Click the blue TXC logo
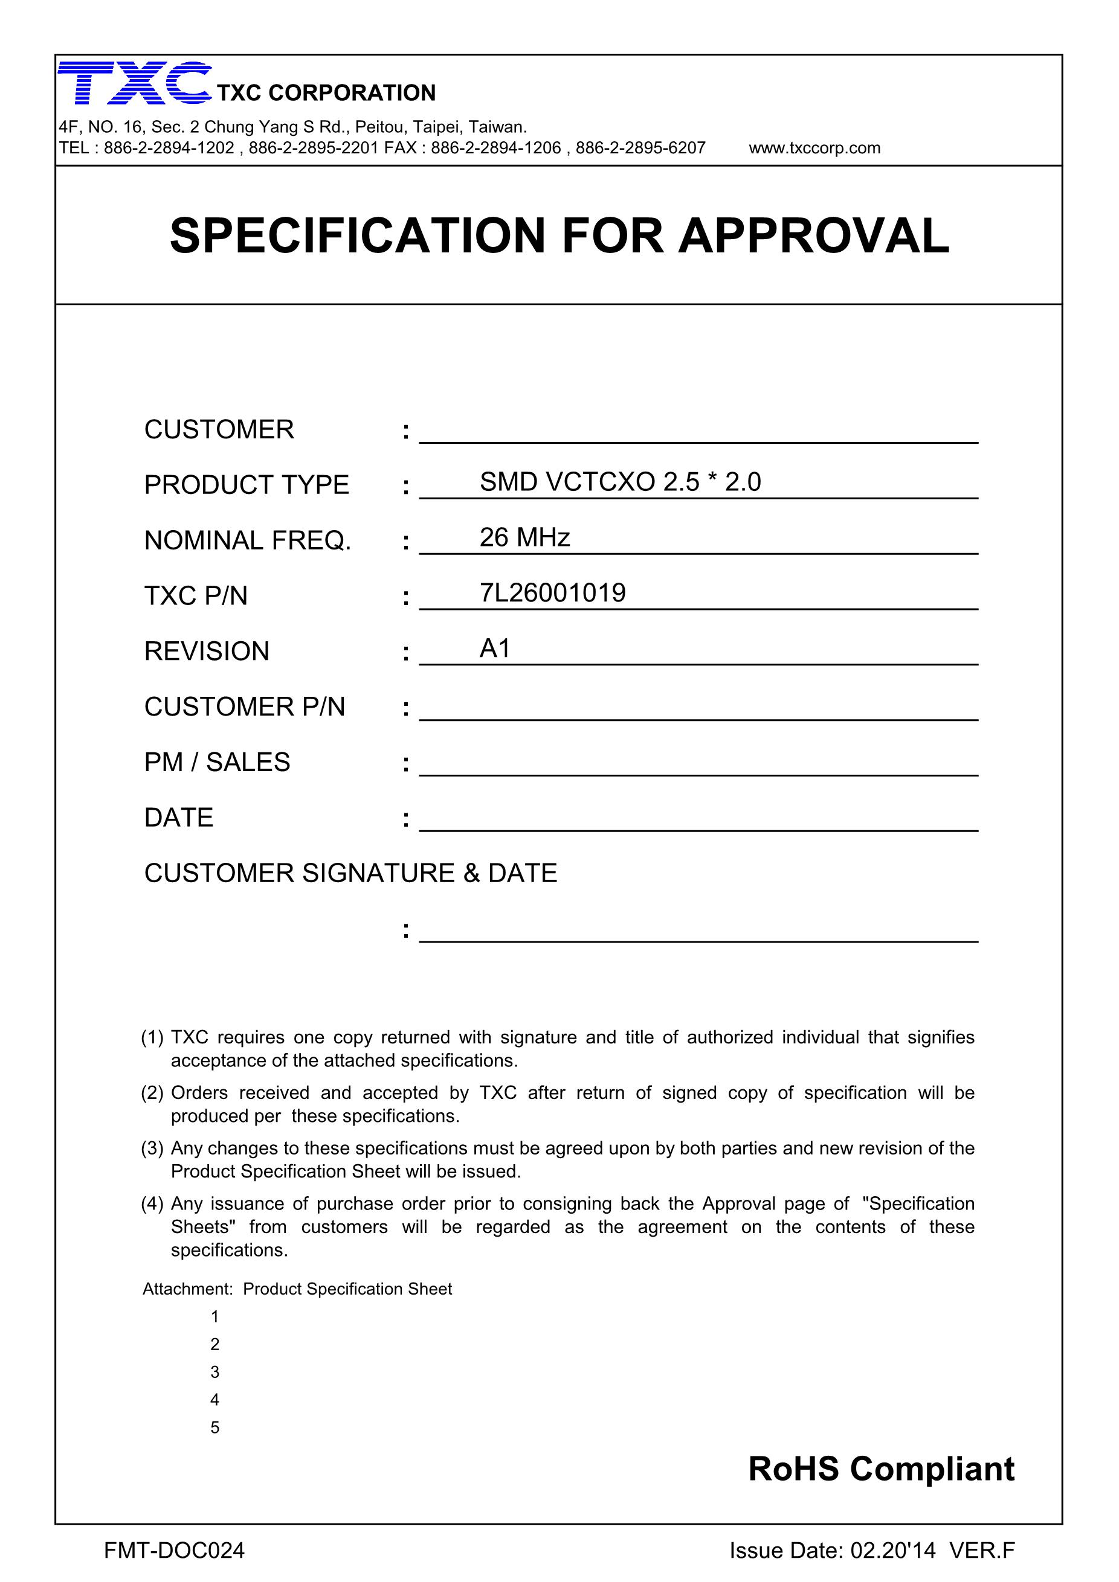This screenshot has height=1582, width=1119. coord(135,83)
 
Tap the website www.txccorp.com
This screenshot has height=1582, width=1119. coord(814,148)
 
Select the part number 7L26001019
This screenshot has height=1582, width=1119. coord(552,593)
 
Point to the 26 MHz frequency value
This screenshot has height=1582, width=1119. coord(524,537)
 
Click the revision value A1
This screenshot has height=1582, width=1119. coord(495,649)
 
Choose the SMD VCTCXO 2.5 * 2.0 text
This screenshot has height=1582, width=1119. coord(620,482)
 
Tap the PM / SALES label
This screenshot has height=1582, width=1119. coord(217,763)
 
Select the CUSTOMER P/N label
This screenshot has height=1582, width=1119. coord(245,707)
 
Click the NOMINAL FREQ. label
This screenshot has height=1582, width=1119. coord(248,541)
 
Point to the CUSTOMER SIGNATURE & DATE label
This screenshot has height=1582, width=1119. coord(350,874)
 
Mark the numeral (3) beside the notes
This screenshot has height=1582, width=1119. coord(152,1148)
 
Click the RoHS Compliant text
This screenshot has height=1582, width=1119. coord(880,1470)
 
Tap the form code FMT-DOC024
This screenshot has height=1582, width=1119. coord(175,1551)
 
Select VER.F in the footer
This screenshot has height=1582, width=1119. coord(982,1551)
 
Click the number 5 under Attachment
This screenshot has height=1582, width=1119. coord(215,1427)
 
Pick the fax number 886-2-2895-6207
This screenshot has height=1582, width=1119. coord(640,148)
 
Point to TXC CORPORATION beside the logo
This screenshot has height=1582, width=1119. coord(326,93)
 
